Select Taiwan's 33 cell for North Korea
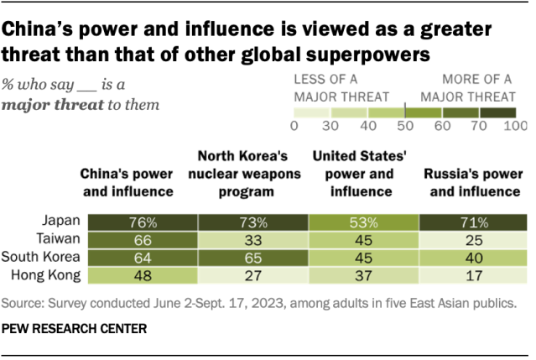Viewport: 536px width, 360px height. click(254, 238)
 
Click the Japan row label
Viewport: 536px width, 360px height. click(60, 222)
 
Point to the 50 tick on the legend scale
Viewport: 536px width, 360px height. click(405, 125)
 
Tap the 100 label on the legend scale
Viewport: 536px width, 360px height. click(513, 125)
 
